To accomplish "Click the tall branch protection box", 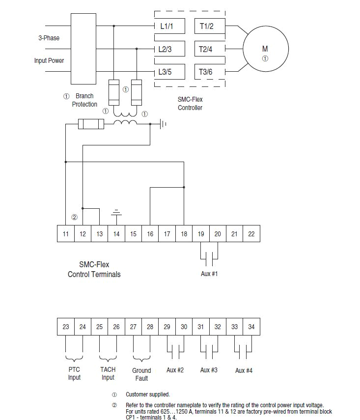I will tap(83, 49).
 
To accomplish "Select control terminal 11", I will tap(66, 234).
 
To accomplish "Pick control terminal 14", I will tap(116, 234).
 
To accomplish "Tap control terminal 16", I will tap(150, 234).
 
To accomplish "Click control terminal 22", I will tap(251, 234).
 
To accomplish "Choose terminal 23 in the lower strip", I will tap(66, 327).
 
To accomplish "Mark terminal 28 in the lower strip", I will tap(150, 327).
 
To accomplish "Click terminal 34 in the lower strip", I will tap(251, 327).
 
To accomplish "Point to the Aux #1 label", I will tap(209, 274).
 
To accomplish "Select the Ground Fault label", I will tap(141, 374).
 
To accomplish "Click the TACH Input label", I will tap(108, 373).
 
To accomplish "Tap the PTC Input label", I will tap(74, 373).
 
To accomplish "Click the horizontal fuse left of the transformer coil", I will tap(91, 124).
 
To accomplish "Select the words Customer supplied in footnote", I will tap(147, 394).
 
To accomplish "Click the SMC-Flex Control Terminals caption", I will tap(94, 269).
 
